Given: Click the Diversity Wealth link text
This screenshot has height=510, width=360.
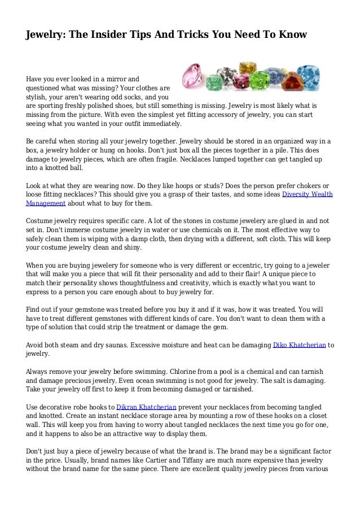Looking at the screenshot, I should pos(307,194).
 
